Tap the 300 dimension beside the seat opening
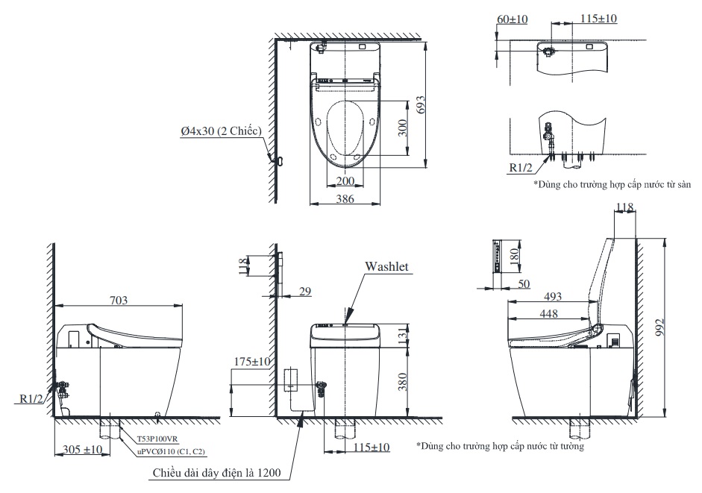[x=403, y=128]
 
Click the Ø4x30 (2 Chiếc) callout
[x=219, y=131]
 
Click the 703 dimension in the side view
[x=119, y=300]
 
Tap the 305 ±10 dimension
[x=82, y=449]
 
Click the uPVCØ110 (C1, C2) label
[x=171, y=451]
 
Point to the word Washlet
[x=386, y=266]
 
